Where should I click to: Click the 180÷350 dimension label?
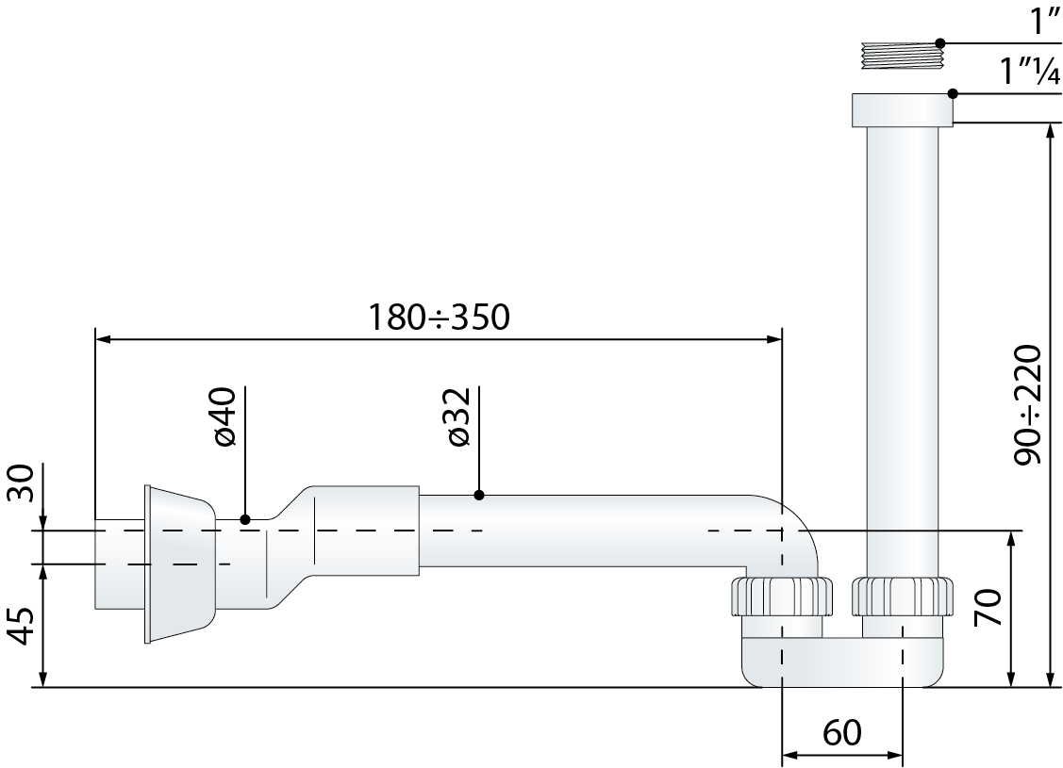(438, 317)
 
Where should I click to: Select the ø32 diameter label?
(458, 417)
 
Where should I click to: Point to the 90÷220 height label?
(1027, 405)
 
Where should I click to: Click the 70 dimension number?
(987, 608)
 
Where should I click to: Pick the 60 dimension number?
(842, 732)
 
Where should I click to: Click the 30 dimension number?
(21, 482)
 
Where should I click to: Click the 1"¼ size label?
(1030, 71)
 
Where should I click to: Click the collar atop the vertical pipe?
(903, 109)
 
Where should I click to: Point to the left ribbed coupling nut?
(782, 596)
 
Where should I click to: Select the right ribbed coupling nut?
(903, 596)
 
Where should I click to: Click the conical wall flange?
(179, 564)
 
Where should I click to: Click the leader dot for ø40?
(245, 519)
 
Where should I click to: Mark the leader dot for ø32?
(478, 495)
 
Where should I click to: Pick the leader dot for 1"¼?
(953, 92)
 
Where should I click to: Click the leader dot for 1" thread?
(939, 42)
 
